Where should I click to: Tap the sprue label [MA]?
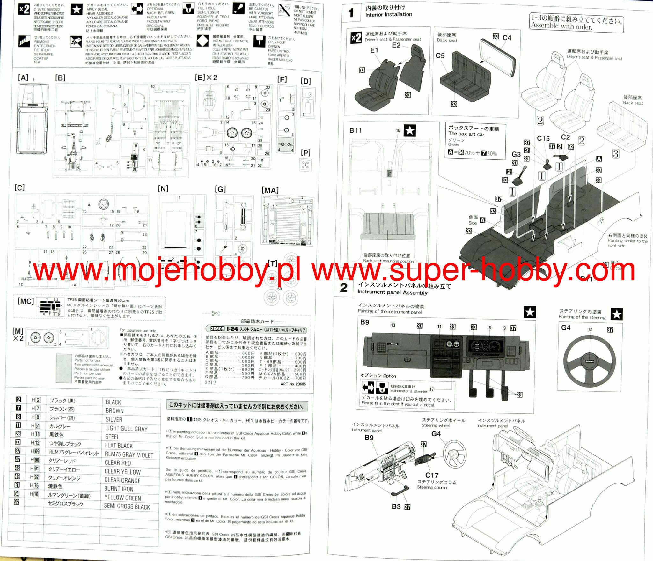point(270,190)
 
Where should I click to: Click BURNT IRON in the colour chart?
point(119,489)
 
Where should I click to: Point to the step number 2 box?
point(344,288)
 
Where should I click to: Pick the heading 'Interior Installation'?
point(389,15)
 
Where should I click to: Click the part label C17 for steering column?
point(432,475)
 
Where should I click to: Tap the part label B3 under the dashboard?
point(396,506)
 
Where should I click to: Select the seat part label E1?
point(374,50)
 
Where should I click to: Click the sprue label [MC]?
point(26,301)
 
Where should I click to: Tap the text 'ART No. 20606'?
point(293,384)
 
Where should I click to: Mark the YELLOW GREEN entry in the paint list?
point(122,498)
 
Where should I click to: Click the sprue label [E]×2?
point(206,78)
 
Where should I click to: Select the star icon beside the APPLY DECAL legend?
point(77,10)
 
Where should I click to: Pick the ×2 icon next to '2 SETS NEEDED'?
point(24,9)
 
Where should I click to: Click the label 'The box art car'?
point(466,134)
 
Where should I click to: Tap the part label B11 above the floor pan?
point(355,130)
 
